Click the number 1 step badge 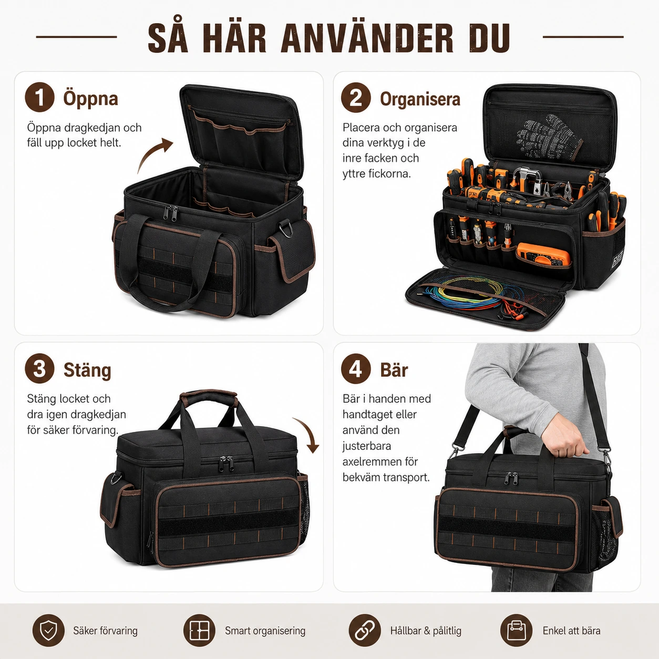coord(39,97)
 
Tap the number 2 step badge coord(356,97)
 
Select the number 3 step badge coord(39,369)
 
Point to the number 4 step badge coord(356,369)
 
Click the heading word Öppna coord(90,98)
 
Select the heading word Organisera coord(420,99)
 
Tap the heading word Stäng coord(87,370)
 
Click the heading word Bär coord(394,369)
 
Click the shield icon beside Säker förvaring coord(48,631)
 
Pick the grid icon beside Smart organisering coord(199,631)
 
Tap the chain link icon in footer coord(365,631)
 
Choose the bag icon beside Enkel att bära coord(517,631)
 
